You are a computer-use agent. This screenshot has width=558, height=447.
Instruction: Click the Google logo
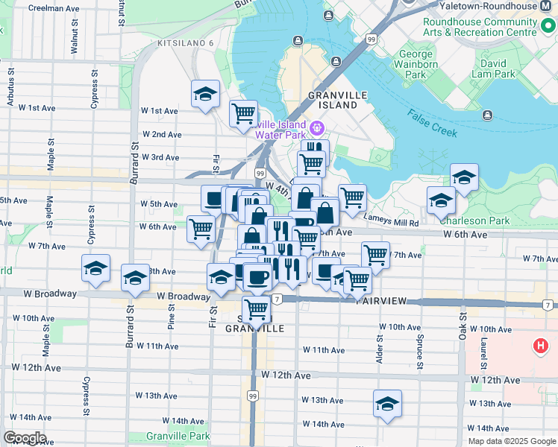tap(25, 438)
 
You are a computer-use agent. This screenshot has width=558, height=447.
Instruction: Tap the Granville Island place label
tap(333, 100)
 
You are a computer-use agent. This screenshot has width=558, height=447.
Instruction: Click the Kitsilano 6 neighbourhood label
tap(185, 43)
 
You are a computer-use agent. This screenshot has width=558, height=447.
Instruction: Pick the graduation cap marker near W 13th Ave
tap(387, 405)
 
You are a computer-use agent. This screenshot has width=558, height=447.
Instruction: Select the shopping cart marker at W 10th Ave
tap(257, 308)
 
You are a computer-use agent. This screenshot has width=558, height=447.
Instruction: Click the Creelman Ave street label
tap(53, 8)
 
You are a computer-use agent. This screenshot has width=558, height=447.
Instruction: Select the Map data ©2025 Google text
tap(511, 440)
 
